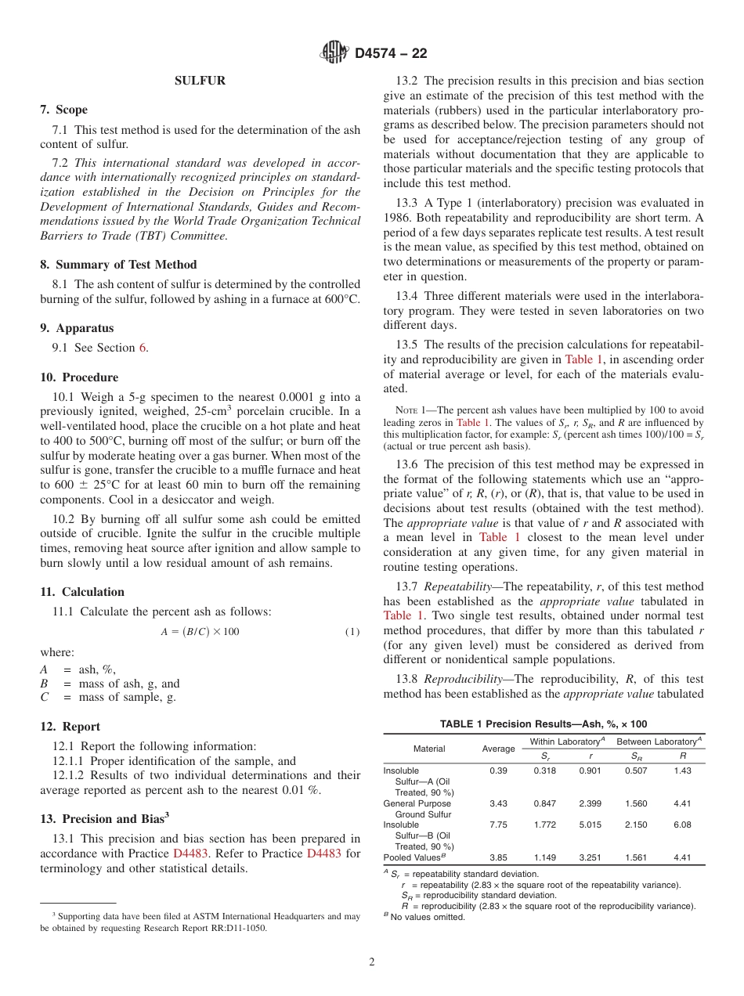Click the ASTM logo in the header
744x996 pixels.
coord(335,53)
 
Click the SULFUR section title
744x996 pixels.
coord(200,81)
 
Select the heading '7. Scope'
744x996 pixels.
coord(64,110)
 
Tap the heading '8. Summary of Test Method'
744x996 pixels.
coord(118,265)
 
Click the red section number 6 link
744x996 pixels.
coord(143,348)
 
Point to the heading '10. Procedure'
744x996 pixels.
coord(79,377)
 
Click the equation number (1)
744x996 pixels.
coord(352,632)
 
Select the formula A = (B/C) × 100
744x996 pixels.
coord(200,632)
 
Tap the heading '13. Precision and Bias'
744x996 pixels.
coord(104,818)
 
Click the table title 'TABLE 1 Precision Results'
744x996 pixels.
coord(544,724)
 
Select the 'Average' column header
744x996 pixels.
coord(498,749)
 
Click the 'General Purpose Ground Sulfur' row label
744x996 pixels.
coord(417,809)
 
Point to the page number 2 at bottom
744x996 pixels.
coord(372,962)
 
